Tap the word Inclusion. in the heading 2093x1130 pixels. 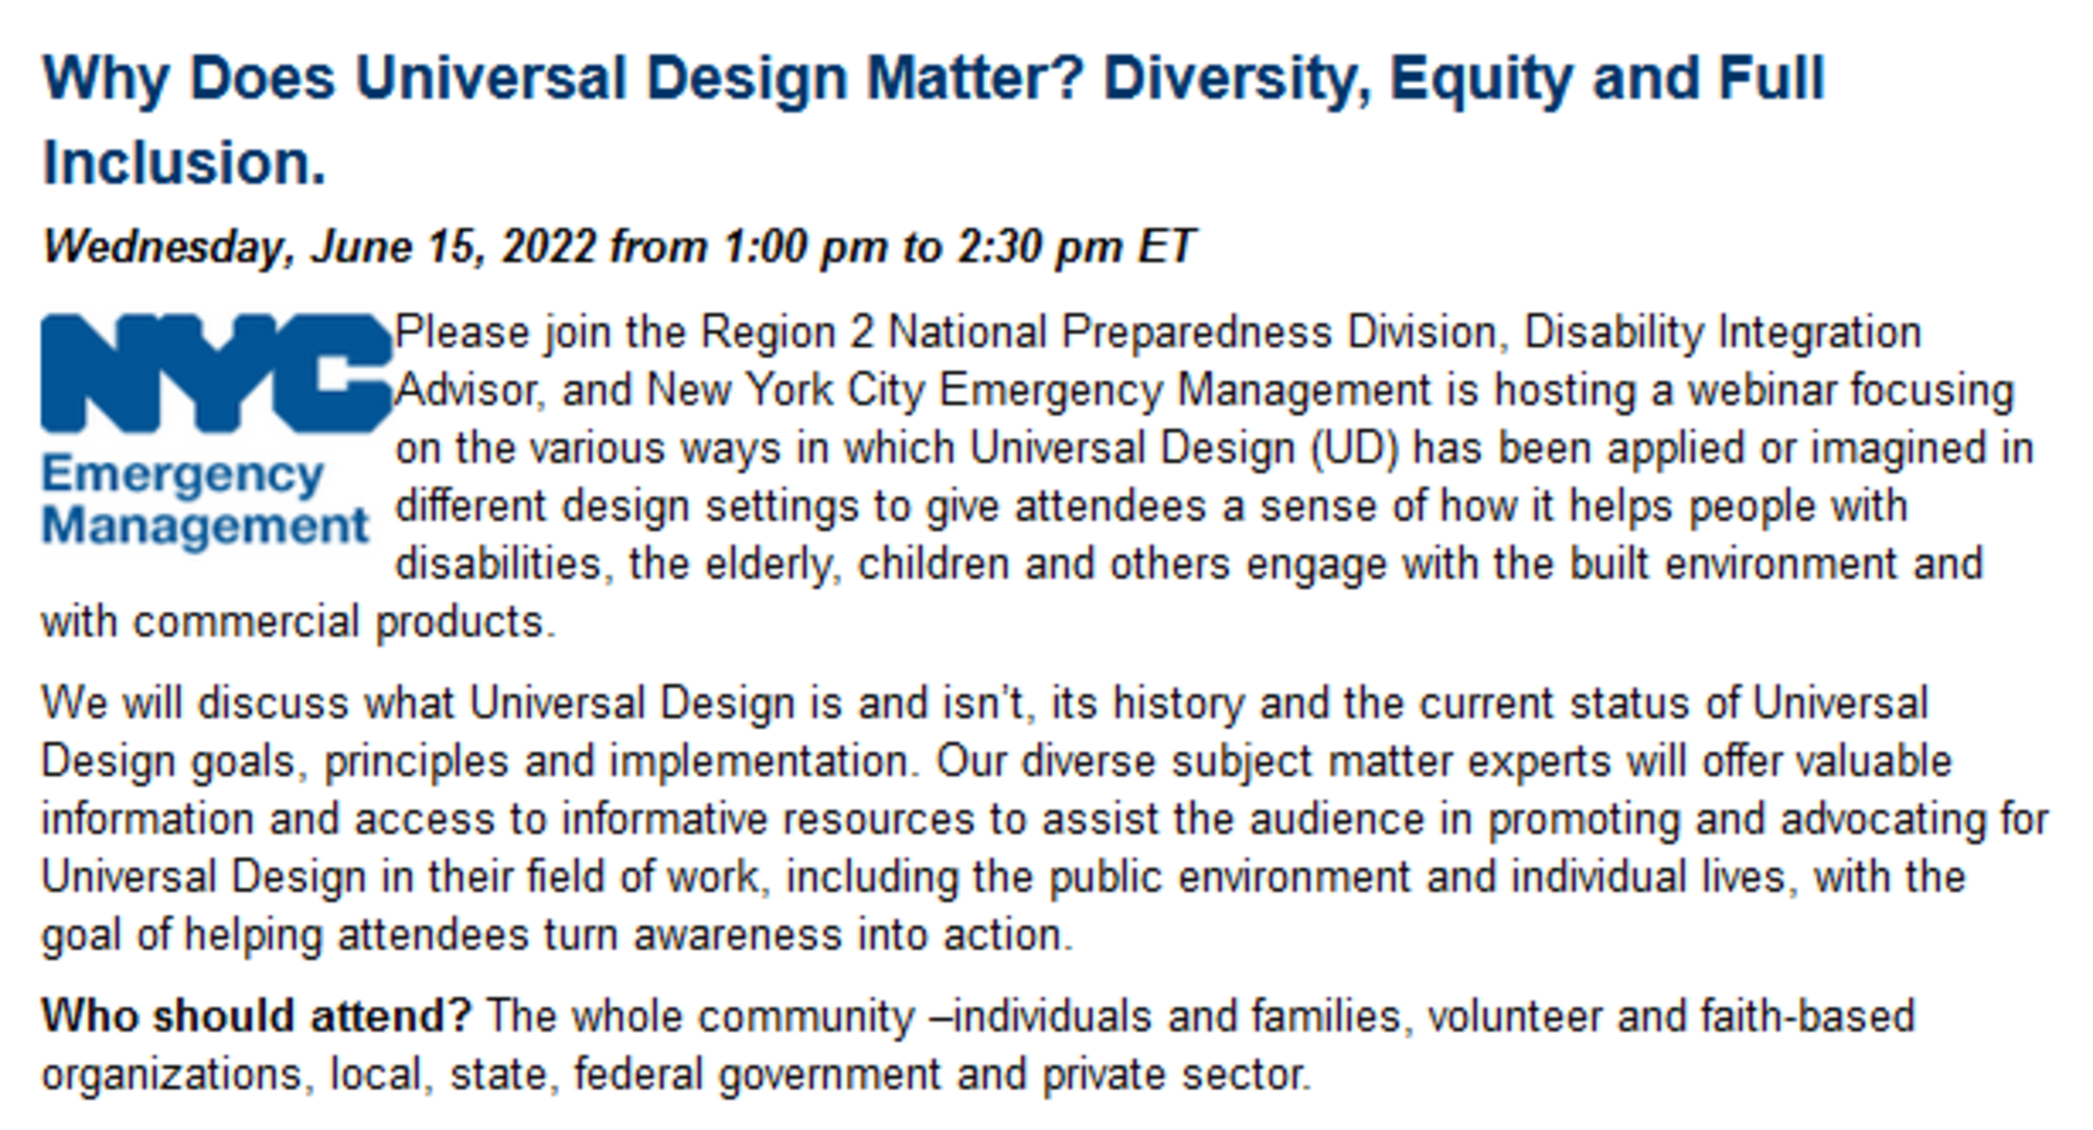tap(184, 163)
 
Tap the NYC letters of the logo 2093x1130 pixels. tap(217, 373)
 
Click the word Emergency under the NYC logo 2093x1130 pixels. tap(183, 476)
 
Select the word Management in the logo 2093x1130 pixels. tap(205, 527)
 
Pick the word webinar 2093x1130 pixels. tap(1761, 390)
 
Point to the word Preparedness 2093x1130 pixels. tap(1196, 332)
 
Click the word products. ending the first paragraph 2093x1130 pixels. tap(465, 624)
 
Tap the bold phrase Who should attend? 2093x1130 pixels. tap(257, 1016)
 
